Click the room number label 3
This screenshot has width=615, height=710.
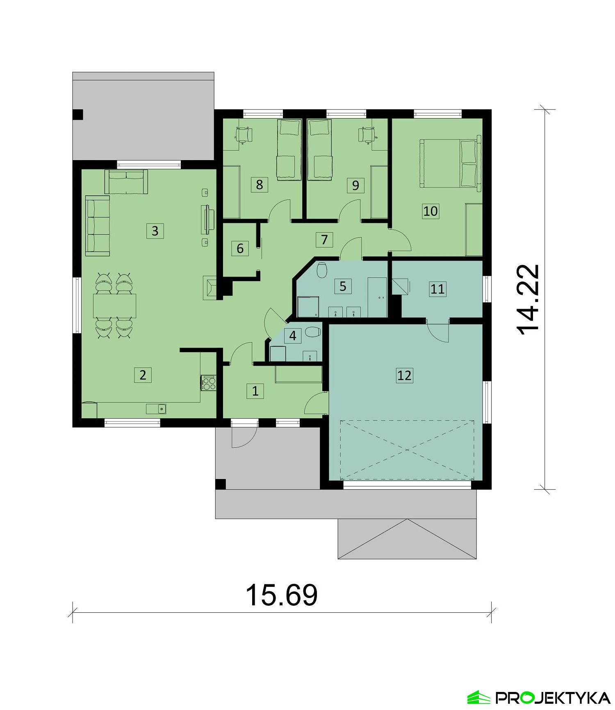point(155,231)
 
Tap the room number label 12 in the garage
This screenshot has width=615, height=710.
point(404,375)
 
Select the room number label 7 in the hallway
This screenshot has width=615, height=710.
point(324,239)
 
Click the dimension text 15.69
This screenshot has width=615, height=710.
point(281,595)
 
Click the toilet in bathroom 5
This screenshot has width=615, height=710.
point(322,270)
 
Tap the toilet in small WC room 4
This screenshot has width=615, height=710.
point(314,332)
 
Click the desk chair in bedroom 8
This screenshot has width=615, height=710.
point(244,134)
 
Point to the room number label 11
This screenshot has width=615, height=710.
point(437,289)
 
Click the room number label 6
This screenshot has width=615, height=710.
point(240,248)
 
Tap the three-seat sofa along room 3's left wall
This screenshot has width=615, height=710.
point(98,226)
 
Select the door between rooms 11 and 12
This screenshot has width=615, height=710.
point(438,331)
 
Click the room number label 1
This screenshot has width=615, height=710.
point(255,391)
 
